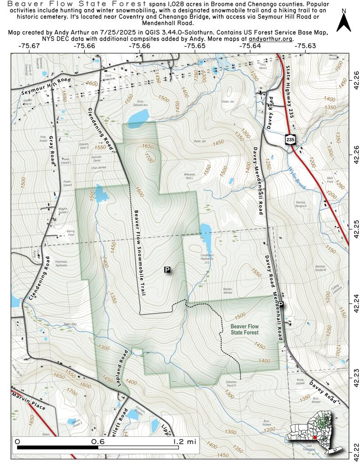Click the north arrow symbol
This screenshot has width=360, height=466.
click(x=344, y=22)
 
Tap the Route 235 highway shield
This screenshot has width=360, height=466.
click(x=288, y=139)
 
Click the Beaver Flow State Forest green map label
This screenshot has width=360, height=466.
click(x=244, y=329)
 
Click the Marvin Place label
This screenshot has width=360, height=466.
click(x=29, y=402)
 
